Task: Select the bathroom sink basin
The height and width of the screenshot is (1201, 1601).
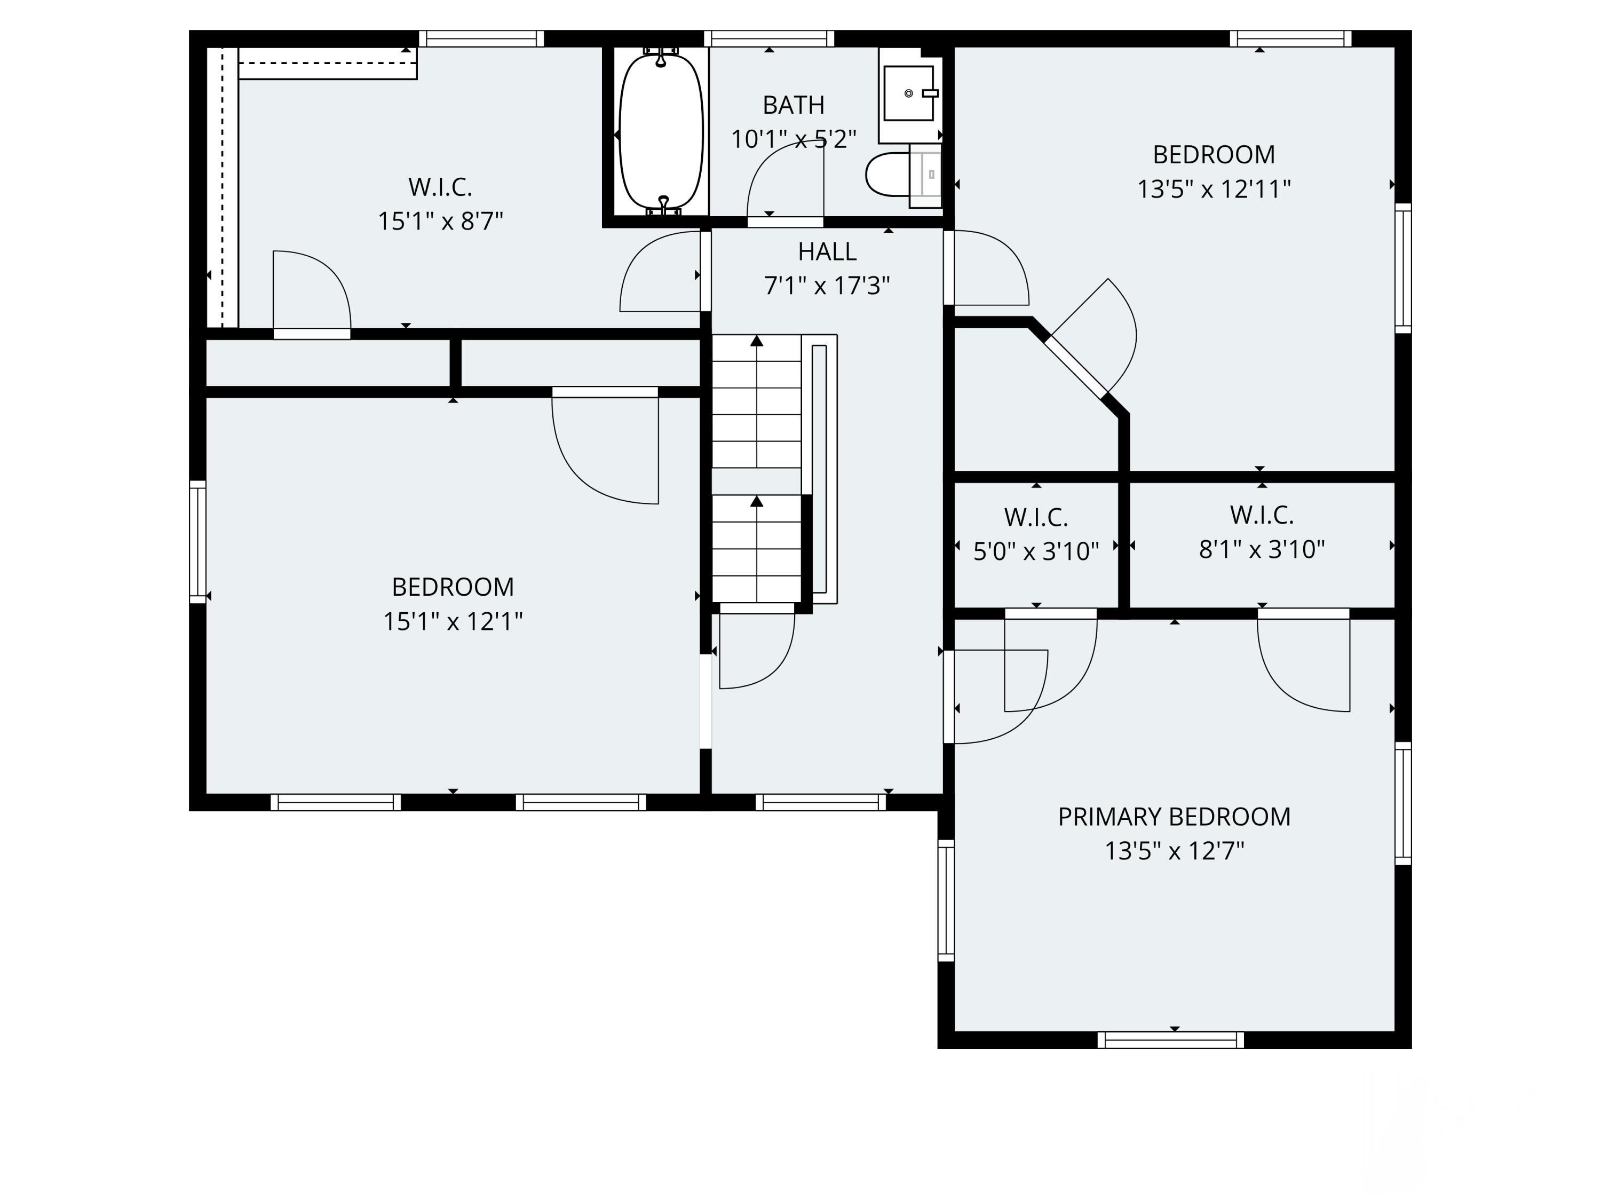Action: (908, 93)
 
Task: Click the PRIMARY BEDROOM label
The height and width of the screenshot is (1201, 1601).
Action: (1174, 817)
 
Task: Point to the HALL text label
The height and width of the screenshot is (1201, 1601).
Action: (827, 252)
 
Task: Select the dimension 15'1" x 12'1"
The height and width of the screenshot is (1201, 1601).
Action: (453, 621)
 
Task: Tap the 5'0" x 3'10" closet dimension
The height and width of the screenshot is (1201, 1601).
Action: (1036, 551)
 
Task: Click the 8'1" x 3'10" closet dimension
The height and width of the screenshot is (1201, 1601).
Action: (1262, 549)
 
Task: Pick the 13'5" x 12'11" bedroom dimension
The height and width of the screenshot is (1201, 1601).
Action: (1214, 189)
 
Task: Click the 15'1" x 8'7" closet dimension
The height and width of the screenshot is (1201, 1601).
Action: (440, 221)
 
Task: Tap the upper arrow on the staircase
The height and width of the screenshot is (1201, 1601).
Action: (756, 341)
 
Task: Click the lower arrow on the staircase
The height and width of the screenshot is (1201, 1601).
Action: (756, 501)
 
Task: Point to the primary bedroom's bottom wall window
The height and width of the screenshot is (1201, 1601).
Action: (1170, 1040)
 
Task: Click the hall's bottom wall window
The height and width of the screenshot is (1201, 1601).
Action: (821, 802)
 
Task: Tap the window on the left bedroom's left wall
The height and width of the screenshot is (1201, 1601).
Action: (197, 541)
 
